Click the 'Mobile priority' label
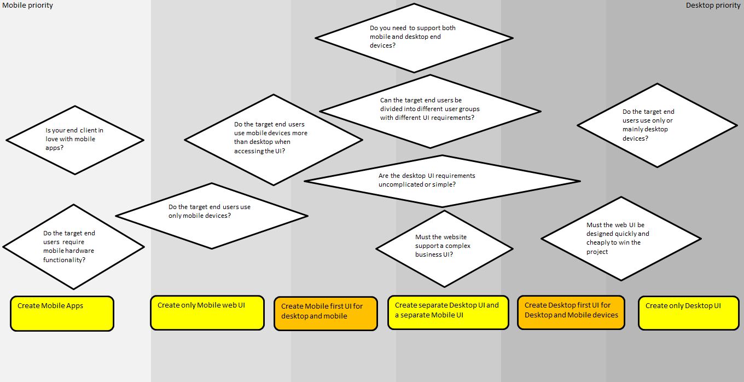[28, 5]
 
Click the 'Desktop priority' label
[713, 5]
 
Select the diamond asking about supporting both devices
[414, 37]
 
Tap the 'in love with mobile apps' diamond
[74, 140]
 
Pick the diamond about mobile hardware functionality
[73, 247]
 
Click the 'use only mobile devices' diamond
[211, 216]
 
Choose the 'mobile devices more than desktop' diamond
[273, 140]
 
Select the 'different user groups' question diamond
[430, 111]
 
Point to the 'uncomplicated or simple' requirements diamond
[442, 181]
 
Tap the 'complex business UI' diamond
[444, 248]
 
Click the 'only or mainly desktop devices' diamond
[657, 125]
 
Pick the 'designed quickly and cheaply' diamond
[621, 238]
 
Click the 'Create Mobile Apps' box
[62, 314]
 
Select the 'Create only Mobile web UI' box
[207, 313]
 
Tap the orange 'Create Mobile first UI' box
[326, 314]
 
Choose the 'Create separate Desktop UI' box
[448, 312]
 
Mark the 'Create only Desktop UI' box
[688, 314]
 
